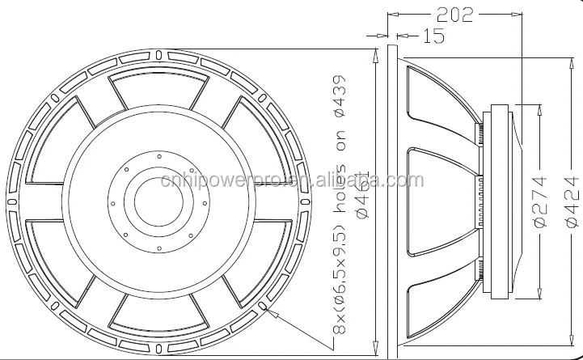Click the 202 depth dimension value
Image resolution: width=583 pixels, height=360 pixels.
click(x=454, y=14)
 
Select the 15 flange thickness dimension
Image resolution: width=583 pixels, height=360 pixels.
click(x=433, y=36)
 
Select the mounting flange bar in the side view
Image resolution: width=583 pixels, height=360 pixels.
click(x=392, y=198)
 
